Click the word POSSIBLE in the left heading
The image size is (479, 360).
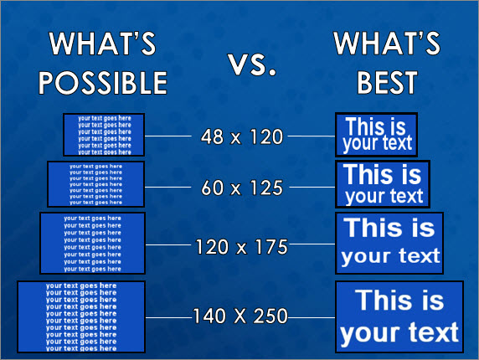coord(104,82)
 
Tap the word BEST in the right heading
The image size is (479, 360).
coord(387,82)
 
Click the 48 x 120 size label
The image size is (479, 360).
coord(243,136)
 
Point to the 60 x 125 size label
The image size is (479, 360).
coord(243,188)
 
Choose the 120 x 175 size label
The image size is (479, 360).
coord(241,247)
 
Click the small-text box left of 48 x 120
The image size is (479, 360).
coord(104,134)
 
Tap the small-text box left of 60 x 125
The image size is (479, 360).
coord(95,184)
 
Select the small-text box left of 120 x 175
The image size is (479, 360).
coord(92,243)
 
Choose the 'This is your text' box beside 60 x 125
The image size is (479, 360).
coord(384,184)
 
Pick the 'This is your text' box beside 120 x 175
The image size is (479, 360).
coord(389,243)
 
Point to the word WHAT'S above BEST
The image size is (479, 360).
coord(387,44)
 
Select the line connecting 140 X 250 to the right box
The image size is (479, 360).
coord(311,316)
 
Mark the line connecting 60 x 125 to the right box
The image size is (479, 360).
coord(312,188)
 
